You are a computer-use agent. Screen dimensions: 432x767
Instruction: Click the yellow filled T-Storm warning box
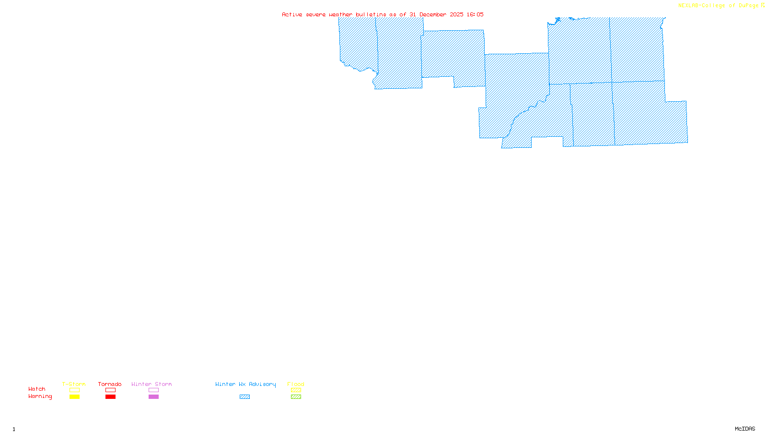tap(74, 397)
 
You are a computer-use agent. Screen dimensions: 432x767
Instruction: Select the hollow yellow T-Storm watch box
tap(74, 390)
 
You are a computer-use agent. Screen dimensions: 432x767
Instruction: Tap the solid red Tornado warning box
tap(110, 397)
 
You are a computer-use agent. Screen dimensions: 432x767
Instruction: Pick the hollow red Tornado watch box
tap(110, 390)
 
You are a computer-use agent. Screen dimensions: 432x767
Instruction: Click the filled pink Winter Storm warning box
tap(153, 397)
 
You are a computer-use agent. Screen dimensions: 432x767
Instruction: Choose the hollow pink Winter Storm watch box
tap(153, 390)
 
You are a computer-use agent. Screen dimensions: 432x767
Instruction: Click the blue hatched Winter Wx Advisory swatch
tap(244, 397)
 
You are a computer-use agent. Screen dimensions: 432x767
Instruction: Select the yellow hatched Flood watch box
tap(296, 390)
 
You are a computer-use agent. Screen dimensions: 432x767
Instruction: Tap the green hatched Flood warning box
tap(296, 397)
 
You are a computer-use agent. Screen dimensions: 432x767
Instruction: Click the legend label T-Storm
tap(74, 384)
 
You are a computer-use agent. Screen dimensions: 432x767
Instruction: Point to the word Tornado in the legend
tap(110, 384)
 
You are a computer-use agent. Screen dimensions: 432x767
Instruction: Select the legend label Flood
tap(296, 384)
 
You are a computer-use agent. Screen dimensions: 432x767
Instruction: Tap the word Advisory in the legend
tap(262, 384)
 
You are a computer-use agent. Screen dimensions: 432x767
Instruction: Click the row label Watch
tap(37, 389)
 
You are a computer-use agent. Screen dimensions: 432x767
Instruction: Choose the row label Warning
tap(40, 396)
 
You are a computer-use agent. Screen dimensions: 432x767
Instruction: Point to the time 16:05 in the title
tap(475, 14)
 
